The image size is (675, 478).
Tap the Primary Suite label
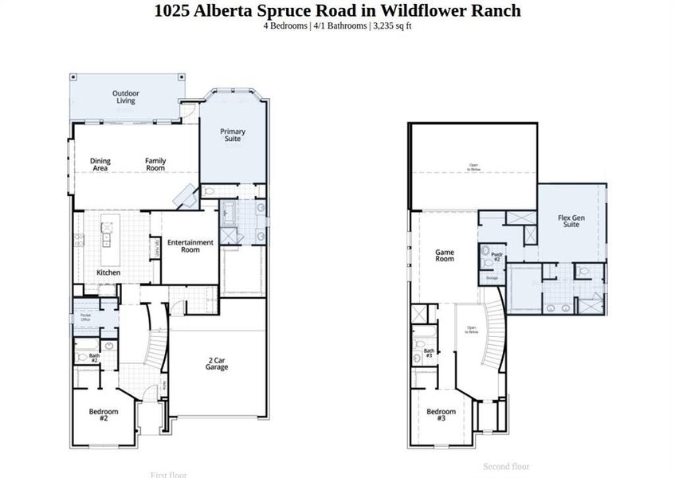(x=233, y=135)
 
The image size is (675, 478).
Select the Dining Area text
(x=100, y=165)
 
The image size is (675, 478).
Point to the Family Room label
(x=155, y=165)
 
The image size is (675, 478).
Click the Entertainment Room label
(x=190, y=246)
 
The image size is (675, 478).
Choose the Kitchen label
(x=108, y=272)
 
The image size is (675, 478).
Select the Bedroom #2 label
(x=104, y=415)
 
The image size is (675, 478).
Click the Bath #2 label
(x=93, y=358)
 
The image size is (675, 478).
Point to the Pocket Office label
(x=85, y=317)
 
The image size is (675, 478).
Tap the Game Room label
(x=444, y=256)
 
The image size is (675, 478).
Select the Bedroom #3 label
(x=441, y=415)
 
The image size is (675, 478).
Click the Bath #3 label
(x=428, y=353)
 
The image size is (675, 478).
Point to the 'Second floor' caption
(x=506, y=467)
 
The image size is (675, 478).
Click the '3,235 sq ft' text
(x=392, y=25)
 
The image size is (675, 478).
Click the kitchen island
(x=106, y=237)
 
